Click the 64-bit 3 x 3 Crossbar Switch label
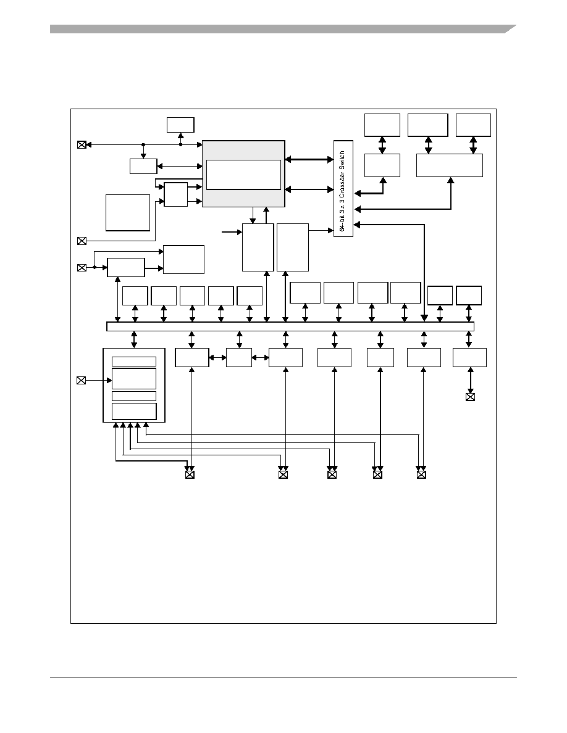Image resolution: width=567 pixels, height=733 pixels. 342,191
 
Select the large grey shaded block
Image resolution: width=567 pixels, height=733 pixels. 243,173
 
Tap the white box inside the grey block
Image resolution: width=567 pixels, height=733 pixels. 243,175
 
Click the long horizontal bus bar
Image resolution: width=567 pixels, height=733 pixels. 290,326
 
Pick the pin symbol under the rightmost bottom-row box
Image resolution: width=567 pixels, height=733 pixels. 470,397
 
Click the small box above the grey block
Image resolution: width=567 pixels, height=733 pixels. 180,125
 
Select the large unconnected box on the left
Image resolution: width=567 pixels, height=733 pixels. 128,213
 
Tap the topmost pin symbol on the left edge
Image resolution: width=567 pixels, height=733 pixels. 82,145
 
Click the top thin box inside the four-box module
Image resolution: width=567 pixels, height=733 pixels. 134,362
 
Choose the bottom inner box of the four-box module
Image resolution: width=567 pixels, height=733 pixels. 134,412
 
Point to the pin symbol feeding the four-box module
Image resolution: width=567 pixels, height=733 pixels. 81,381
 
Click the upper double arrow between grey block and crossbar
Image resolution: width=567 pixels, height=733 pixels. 309,159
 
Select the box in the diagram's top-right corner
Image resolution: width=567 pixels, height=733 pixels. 473,125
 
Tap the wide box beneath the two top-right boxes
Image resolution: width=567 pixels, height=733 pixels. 450,165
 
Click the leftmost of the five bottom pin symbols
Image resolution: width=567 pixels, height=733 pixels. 190,474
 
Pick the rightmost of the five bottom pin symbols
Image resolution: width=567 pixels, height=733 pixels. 421,474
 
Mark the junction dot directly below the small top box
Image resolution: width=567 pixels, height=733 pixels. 180,145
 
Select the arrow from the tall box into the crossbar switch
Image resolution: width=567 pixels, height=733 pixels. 321,230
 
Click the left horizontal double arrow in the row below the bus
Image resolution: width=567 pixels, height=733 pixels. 217,358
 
